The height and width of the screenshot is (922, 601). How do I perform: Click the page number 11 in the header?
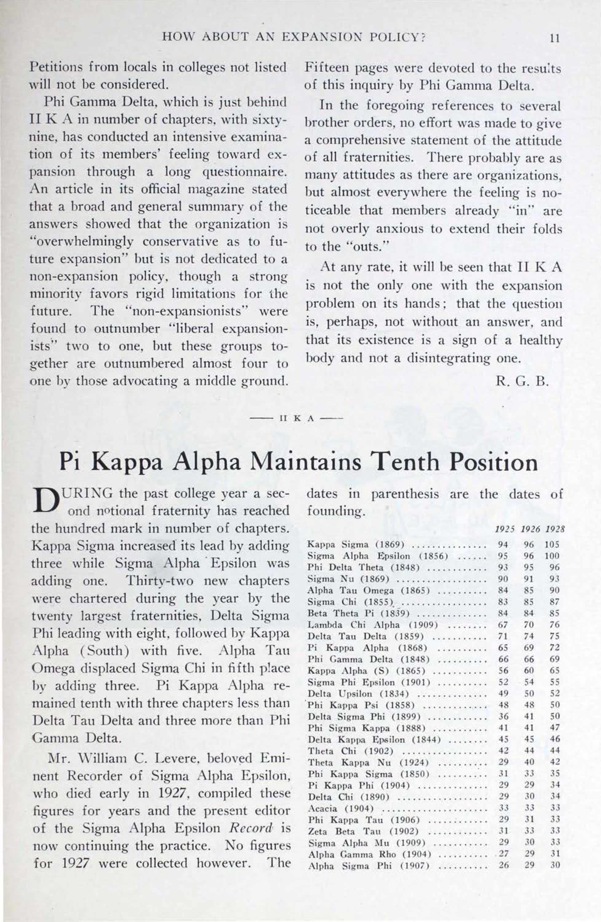[555, 38]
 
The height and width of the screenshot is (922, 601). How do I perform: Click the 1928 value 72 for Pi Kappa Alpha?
[555, 648]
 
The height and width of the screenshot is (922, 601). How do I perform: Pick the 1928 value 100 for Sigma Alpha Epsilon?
[552, 556]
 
